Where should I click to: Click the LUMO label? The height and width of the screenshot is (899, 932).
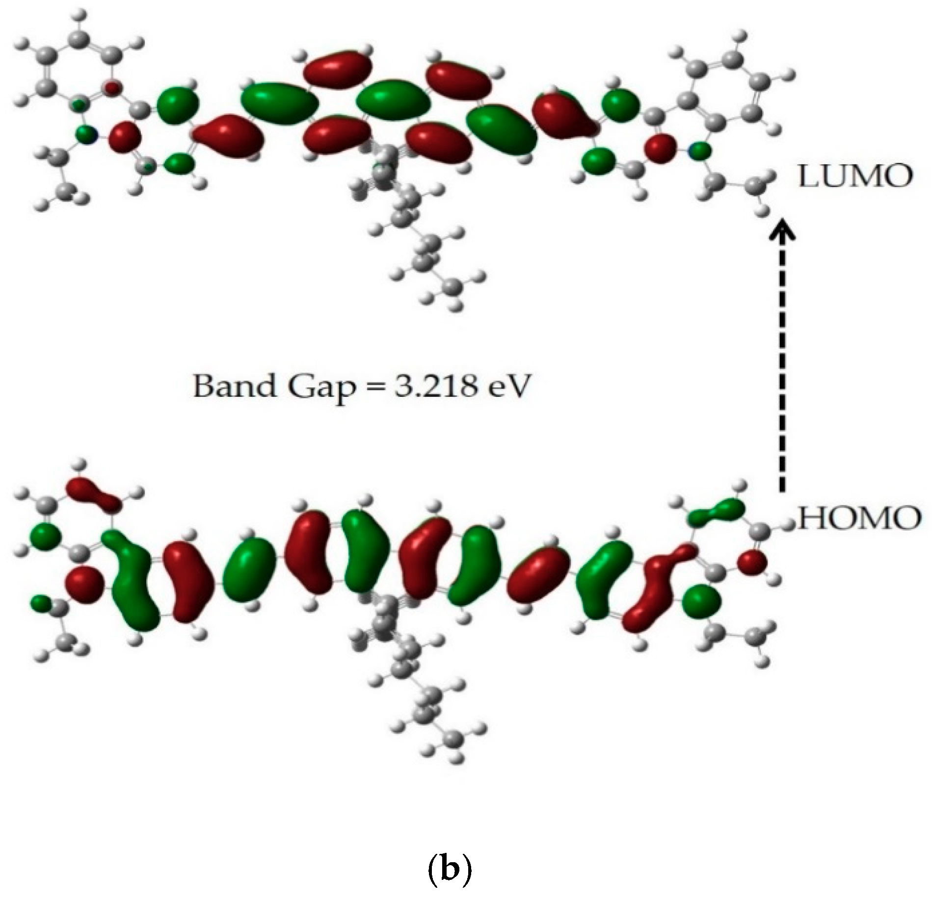(854, 176)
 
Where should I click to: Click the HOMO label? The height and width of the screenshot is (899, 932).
(859, 518)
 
